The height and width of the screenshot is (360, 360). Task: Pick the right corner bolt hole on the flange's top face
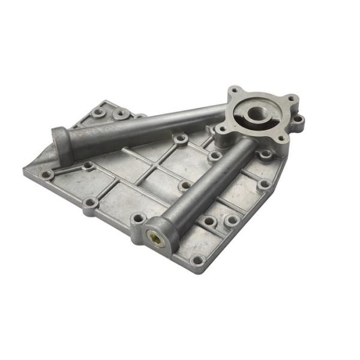tap(291, 99)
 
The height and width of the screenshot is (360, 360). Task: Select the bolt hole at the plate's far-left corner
tap(46, 175)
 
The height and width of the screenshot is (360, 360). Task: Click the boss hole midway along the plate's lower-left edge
tap(90, 203)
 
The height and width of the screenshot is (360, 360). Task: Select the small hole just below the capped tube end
tap(88, 165)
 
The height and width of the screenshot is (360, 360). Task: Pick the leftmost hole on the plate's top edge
tap(98, 112)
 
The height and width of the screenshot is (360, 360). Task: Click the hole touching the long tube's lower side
tap(180, 139)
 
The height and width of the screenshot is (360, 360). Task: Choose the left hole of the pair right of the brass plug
tap(208, 221)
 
